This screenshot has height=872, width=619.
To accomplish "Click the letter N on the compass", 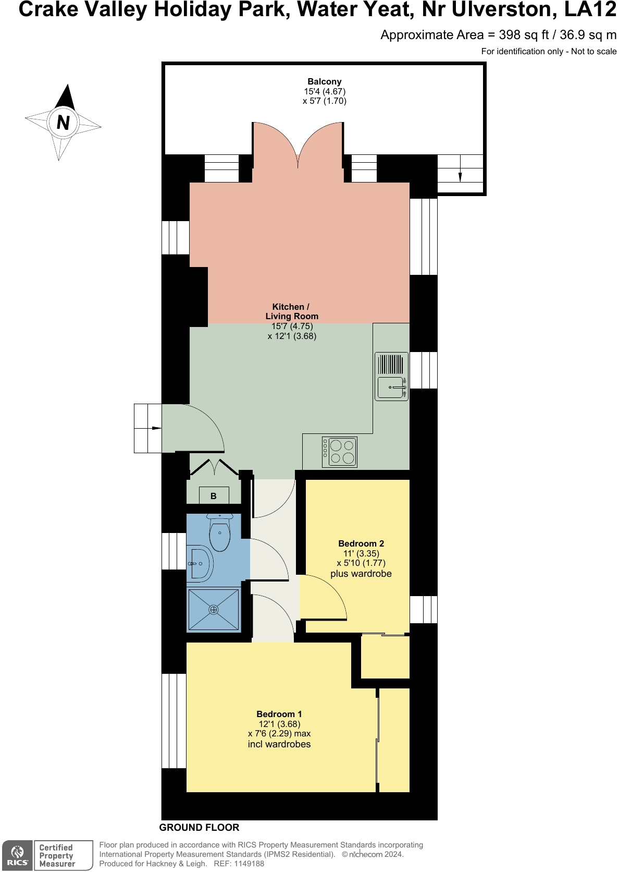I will click(x=63, y=123).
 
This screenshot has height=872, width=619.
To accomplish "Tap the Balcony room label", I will click(x=324, y=82).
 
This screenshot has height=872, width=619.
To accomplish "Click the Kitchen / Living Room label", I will click(x=291, y=311).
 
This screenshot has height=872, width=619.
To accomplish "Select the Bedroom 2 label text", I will click(x=361, y=543).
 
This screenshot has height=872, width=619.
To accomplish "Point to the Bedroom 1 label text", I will click(x=279, y=714).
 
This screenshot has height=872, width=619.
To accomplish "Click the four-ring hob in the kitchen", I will click(x=340, y=452).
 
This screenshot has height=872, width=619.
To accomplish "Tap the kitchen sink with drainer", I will click(x=391, y=377).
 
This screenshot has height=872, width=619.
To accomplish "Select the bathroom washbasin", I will click(x=200, y=564).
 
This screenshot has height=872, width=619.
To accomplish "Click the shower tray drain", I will click(x=214, y=609).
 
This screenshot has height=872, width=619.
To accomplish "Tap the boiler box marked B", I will click(x=214, y=496).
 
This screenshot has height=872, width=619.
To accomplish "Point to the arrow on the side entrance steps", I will click(x=156, y=428).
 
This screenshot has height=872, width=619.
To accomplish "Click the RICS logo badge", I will click(x=17, y=855).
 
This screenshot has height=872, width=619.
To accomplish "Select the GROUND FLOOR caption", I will click(x=199, y=827).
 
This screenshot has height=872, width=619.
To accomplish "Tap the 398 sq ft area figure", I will click(x=524, y=35).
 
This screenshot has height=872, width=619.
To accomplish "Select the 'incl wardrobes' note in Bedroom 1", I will click(x=279, y=744).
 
